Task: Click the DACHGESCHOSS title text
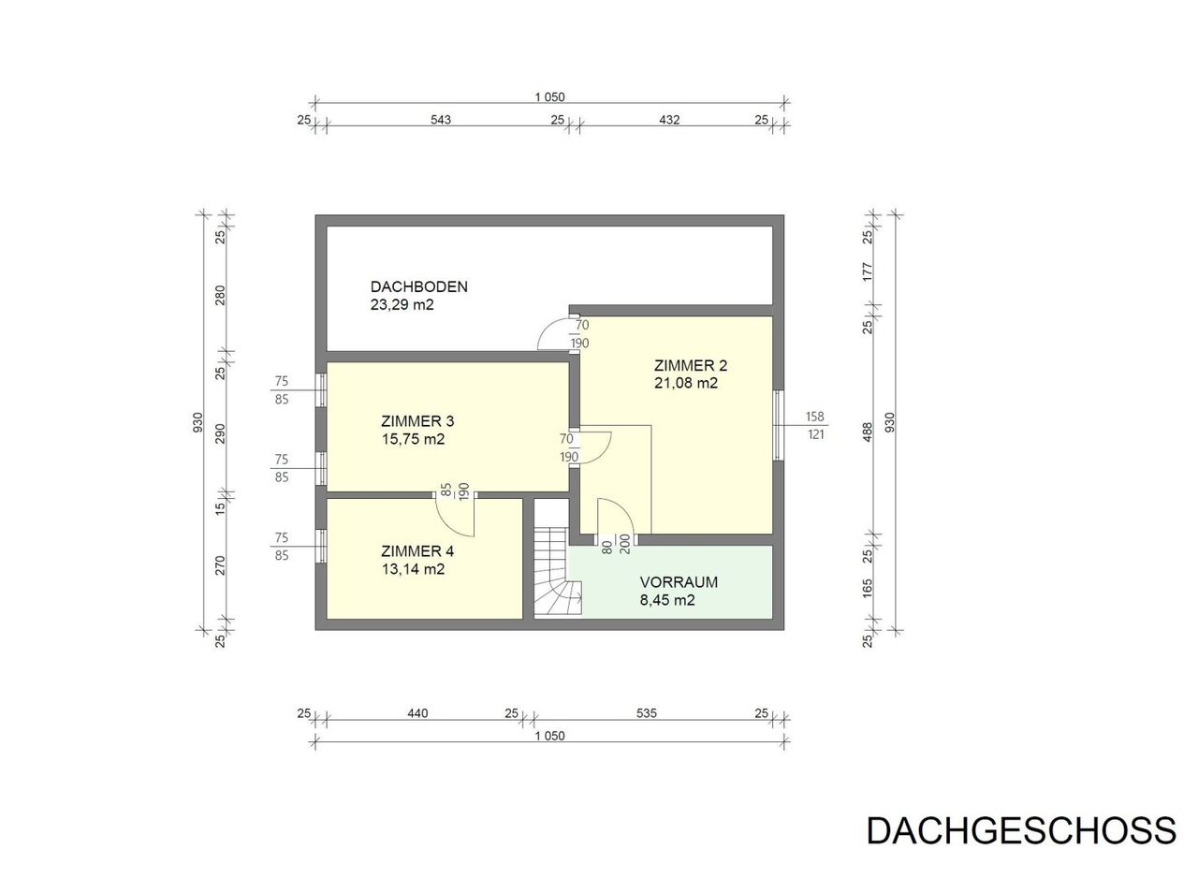click(1021, 830)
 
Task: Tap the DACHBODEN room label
click(418, 286)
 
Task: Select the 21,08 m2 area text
click(686, 383)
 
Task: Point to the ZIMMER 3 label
click(417, 421)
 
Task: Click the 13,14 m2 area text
click(413, 569)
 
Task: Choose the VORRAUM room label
click(679, 582)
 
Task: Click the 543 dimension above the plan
click(441, 119)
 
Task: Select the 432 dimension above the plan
click(669, 119)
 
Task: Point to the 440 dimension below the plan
click(417, 713)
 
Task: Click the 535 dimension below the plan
click(646, 713)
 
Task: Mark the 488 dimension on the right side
click(868, 432)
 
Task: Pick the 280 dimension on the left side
click(220, 295)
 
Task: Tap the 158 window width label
click(814, 417)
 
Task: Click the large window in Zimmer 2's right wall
click(779, 425)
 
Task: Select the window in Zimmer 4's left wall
click(321, 547)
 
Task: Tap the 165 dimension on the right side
click(868, 588)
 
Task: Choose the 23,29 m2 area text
click(402, 305)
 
